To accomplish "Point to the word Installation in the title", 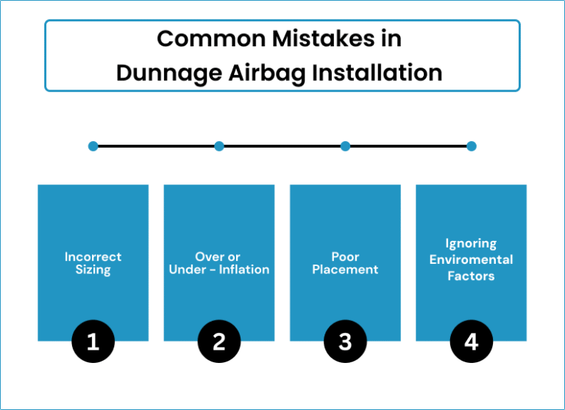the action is point(377,73).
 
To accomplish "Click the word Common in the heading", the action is point(211,39).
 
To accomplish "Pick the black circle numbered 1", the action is point(93,341).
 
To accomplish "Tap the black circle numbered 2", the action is point(219,341).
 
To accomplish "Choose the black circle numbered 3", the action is point(345,341).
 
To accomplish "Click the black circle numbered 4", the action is point(472,341).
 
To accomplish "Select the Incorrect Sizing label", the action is point(93,264).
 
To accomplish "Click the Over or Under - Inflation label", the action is point(219,263).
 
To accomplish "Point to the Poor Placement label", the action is point(345,263).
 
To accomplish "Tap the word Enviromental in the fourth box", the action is point(472,259).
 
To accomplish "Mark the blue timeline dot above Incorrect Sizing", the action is point(93,146).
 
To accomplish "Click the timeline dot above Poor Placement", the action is point(345,146).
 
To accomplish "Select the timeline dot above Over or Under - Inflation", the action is point(219,146).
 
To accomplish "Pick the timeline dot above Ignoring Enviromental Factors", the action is point(472,146).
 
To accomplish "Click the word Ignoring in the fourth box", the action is point(471,244).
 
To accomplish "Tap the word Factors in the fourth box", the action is point(471,276).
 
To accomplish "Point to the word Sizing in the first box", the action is point(93,270).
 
